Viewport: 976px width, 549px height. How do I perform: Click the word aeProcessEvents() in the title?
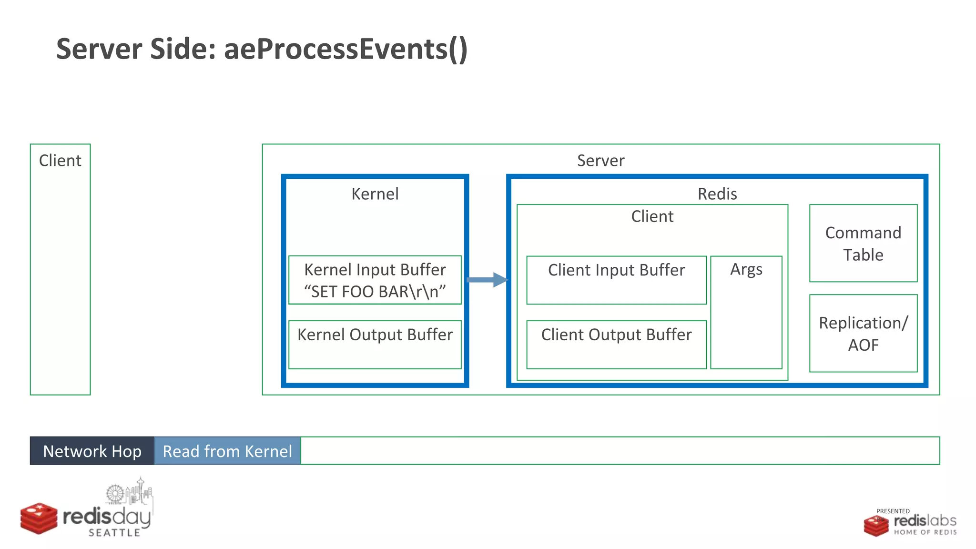[x=346, y=49]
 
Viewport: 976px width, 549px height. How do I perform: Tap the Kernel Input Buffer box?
[x=375, y=280]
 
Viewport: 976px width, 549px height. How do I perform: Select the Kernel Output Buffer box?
[x=375, y=345]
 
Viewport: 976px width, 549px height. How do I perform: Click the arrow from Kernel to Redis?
[x=486, y=280]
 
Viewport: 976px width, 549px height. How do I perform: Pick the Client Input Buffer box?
[x=616, y=280]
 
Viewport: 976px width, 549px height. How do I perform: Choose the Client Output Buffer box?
[x=616, y=345]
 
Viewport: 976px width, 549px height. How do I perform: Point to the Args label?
[x=746, y=270]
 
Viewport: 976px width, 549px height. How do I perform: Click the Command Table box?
[x=863, y=244]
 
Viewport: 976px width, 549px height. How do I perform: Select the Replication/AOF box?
[x=863, y=333]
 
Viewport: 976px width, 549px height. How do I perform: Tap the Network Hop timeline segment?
[x=92, y=451]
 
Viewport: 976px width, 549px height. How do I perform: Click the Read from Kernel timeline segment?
[x=227, y=451]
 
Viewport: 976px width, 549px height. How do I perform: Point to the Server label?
[x=600, y=161]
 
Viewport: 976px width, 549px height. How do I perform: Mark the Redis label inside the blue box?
[x=717, y=194]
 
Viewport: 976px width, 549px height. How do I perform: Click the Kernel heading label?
[x=375, y=194]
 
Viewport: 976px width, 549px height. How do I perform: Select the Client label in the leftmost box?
[x=60, y=161]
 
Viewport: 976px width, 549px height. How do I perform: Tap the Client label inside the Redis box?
[x=652, y=216]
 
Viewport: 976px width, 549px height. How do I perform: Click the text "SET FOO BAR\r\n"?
[x=375, y=292]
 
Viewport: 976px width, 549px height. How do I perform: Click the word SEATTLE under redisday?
[x=114, y=533]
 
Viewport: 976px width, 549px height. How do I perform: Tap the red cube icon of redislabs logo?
[x=876, y=526]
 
